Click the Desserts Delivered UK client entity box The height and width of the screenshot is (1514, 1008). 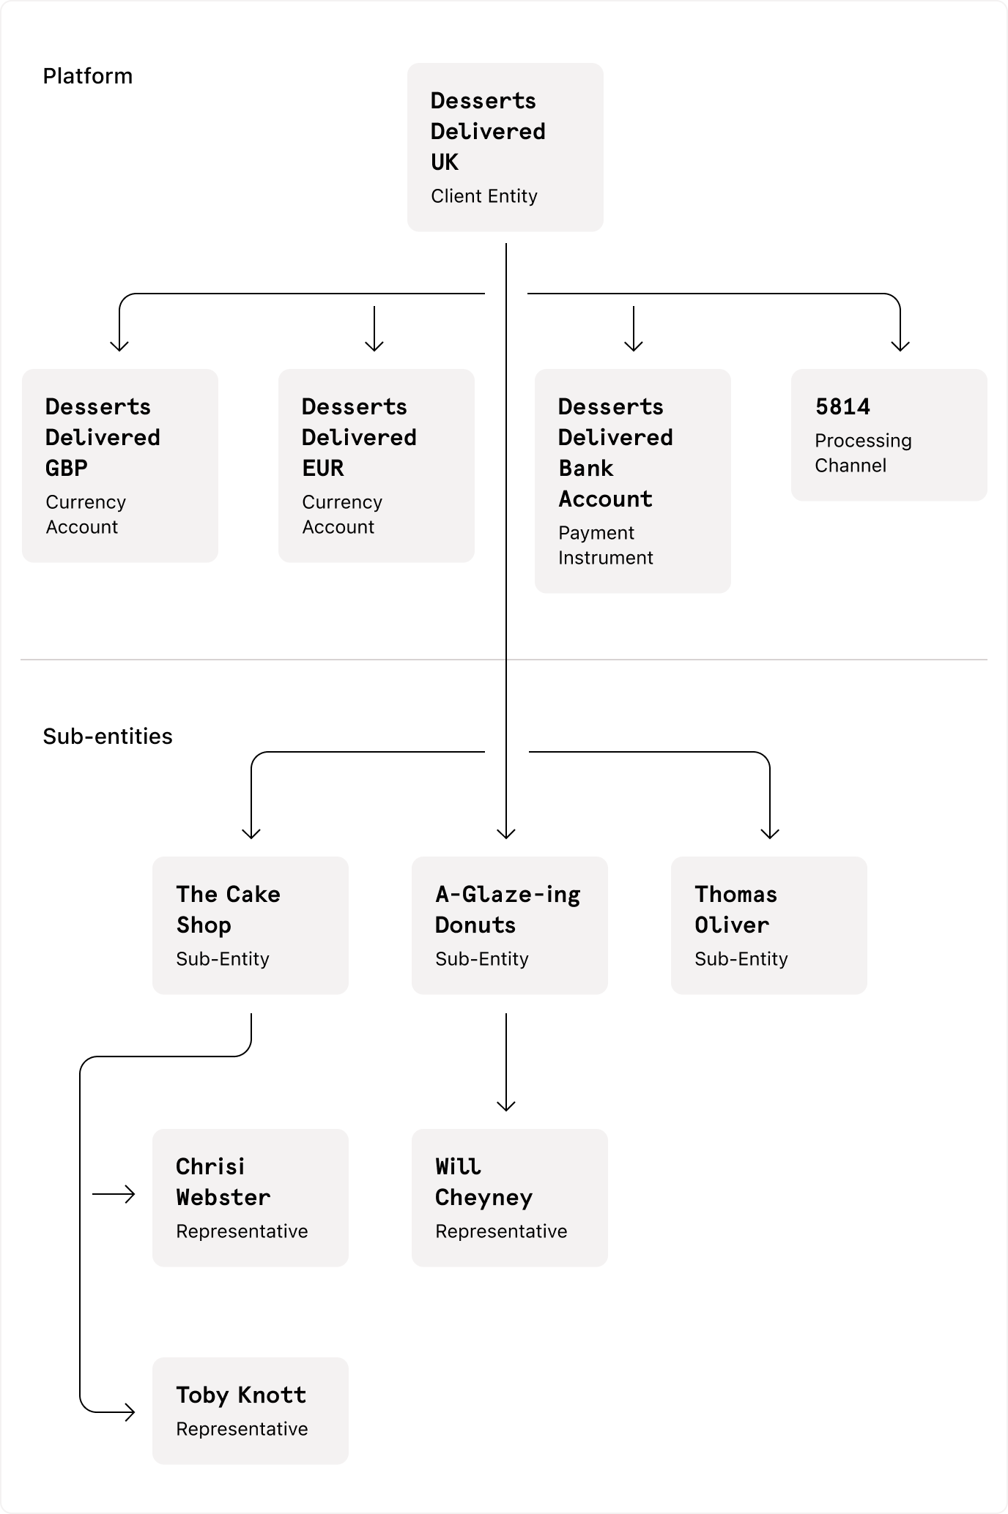pyautogui.click(x=505, y=147)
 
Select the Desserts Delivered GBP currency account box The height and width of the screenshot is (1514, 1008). pyautogui.click(x=119, y=466)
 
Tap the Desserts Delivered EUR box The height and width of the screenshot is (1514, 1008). pyautogui.click(x=376, y=466)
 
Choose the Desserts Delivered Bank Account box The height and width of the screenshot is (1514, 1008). pyautogui.click(x=632, y=481)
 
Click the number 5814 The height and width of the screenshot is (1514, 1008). pyautogui.click(x=842, y=407)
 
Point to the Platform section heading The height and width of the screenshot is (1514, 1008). pyautogui.click(x=87, y=76)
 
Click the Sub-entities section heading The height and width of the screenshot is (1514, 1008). pyautogui.click(x=108, y=737)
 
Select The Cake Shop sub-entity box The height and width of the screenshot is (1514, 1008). pyautogui.click(x=250, y=925)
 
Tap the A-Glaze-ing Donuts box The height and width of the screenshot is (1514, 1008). pyautogui.click(x=509, y=925)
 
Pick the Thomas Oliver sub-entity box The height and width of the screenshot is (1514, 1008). pyautogui.click(x=768, y=925)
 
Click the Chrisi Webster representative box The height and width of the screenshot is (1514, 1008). pyautogui.click(x=250, y=1198)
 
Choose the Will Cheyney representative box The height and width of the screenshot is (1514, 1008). pyautogui.click(x=509, y=1198)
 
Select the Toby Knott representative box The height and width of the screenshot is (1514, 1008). pyautogui.click(x=250, y=1411)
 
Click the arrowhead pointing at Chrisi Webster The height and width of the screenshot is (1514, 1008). pyautogui.click(x=130, y=1195)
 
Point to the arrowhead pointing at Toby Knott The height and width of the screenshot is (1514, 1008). pyautogui.click(x=130, y=1412)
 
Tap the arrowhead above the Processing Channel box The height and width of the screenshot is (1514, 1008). pyautogui.click(x=900, y=346)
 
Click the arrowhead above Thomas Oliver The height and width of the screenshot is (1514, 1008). pyautogui.click(x=770, y=833)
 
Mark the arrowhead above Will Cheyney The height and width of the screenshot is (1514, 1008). pyautogui.click(x=506, y=1105)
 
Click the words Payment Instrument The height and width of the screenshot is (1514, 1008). pyautogui.click(x=605, y=545)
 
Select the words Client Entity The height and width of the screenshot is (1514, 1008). pyautogui.click(x=483, y=196)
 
